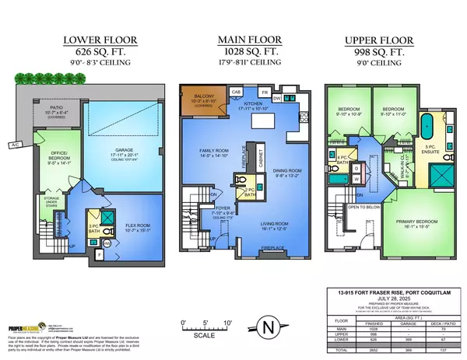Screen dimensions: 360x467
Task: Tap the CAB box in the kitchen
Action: point(237,91)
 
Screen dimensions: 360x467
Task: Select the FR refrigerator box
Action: point(265,91)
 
